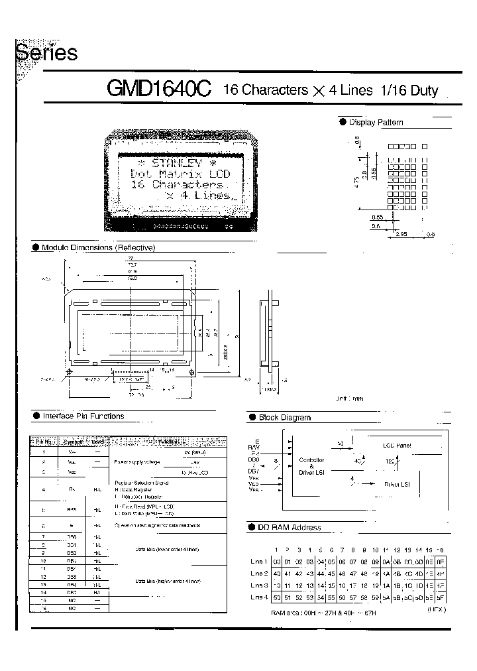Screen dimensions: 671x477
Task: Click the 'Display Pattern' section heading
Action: pos(376,123)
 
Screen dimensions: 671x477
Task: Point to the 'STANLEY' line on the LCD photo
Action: pos(176,162)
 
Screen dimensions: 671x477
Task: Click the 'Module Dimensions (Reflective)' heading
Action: pos(98,247)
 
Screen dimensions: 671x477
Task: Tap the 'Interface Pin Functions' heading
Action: pos(83,416)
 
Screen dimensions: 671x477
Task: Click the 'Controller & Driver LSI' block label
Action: pos(311,465)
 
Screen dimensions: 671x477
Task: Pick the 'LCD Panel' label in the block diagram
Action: pos(397,446)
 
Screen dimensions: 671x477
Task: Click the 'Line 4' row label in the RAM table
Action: pos(259,598)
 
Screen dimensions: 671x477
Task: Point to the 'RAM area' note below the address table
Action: pos(323,613)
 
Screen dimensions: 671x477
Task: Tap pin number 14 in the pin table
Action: pos(43,592)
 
